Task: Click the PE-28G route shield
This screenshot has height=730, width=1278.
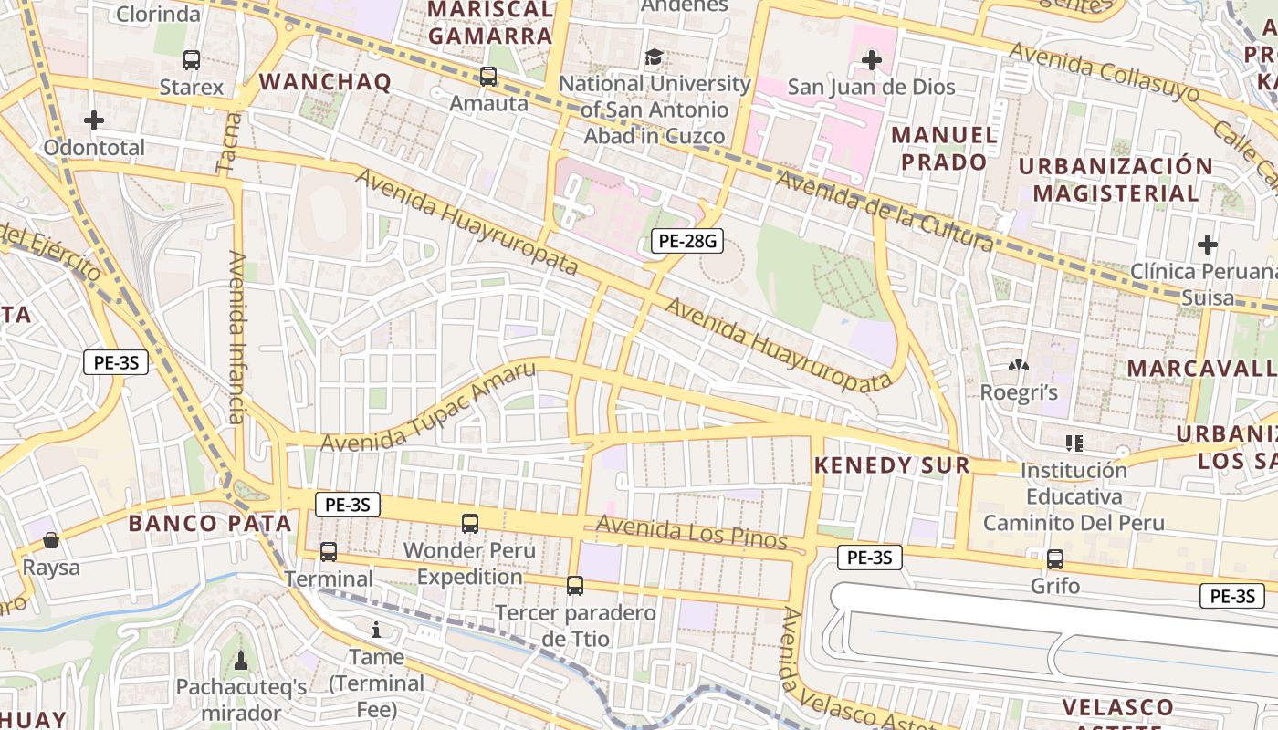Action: (x=687, y=242)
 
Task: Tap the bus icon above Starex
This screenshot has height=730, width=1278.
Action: (x=191, y=60)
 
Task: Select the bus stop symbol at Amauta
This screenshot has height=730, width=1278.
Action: (x=488, y=77)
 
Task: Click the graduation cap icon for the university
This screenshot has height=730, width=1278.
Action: (x=654, y=57)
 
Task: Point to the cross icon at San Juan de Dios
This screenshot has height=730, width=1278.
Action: (x=871, y=61)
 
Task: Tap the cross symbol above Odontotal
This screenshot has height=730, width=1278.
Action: (x=93, y=120)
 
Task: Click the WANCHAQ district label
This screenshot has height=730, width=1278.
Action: (x=325, y=82)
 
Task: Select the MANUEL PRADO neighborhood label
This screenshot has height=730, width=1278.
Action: (x=943, y=149)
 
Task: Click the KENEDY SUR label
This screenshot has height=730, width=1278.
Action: (x=891, y=465)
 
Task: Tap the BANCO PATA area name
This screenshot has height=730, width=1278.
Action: (x=210, y=524)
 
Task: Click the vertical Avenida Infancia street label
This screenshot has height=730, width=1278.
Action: (x=237, y=338)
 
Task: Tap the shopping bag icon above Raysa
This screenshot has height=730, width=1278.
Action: (x=51, y=540)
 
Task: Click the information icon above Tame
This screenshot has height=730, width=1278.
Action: (x=375, y=630)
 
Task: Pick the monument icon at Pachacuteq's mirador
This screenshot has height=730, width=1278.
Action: (x=241, y=660)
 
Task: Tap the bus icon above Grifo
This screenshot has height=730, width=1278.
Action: (x=1054, y=559)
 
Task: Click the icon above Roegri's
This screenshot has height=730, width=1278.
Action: (x=1018, y=366)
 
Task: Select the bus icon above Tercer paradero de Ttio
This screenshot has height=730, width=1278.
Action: (x=574, y=586)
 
